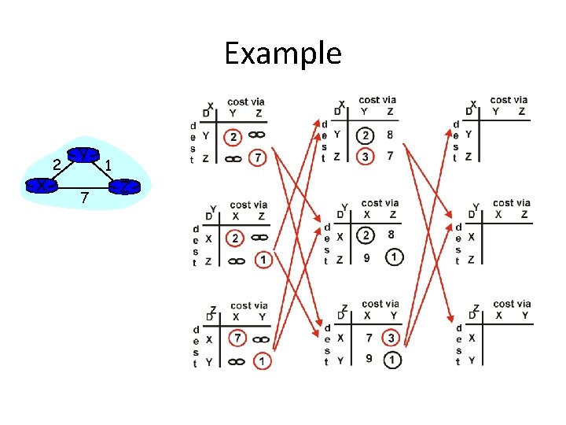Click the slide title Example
(283, 54)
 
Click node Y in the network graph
(82, 155)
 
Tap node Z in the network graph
(123, 187)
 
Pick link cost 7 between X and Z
(85, 195)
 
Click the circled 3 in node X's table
(365, 157)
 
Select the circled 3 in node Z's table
(391, 338)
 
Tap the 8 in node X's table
(391, 135)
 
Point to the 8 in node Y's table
(391, 235)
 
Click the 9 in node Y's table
(366, 257)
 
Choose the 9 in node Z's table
(366, 360)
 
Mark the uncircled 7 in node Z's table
(366, 338)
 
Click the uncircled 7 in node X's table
(391, 157)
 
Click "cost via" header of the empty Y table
(511, 203)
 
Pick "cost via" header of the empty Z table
(511, 304)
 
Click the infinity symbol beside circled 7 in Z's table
(262, 339)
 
